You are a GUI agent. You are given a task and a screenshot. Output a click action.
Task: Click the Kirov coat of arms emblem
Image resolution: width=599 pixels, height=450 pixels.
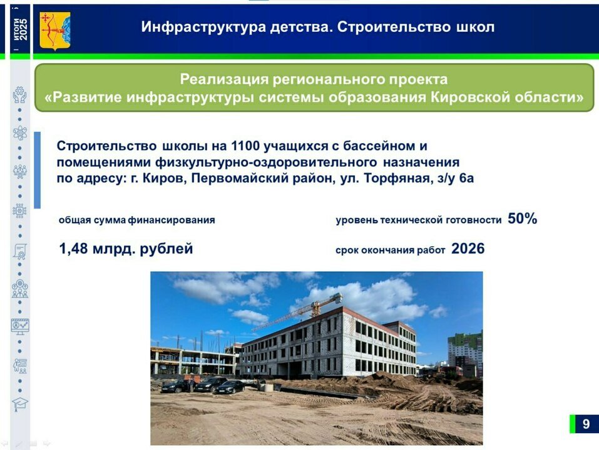55,31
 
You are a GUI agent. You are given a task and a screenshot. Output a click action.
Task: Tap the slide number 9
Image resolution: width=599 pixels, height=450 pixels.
586,424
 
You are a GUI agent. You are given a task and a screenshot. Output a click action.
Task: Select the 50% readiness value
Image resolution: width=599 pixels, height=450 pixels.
522,219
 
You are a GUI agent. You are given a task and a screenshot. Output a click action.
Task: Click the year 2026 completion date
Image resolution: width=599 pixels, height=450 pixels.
468,249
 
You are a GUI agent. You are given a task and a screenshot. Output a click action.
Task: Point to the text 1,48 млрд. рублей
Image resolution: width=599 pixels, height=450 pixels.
126,249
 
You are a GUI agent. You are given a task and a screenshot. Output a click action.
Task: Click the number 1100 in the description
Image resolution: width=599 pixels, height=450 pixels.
245,146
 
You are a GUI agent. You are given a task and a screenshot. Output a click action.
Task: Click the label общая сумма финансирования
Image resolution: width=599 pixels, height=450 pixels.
136,220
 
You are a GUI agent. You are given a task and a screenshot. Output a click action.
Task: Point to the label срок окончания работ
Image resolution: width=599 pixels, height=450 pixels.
391,250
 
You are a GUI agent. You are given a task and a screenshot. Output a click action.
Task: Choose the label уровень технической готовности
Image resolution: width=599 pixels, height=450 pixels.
419,220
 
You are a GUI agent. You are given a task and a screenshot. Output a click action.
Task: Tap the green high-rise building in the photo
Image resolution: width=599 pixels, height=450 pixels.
465,352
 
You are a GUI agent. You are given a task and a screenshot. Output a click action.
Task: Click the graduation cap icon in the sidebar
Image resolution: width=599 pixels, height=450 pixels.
20,404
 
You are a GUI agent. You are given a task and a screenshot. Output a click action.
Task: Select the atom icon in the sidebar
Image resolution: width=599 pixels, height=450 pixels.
20,132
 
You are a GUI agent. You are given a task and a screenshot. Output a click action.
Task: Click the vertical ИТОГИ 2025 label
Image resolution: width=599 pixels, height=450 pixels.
20,29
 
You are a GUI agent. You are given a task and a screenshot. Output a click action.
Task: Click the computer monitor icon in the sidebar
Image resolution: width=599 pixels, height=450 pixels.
20,326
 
